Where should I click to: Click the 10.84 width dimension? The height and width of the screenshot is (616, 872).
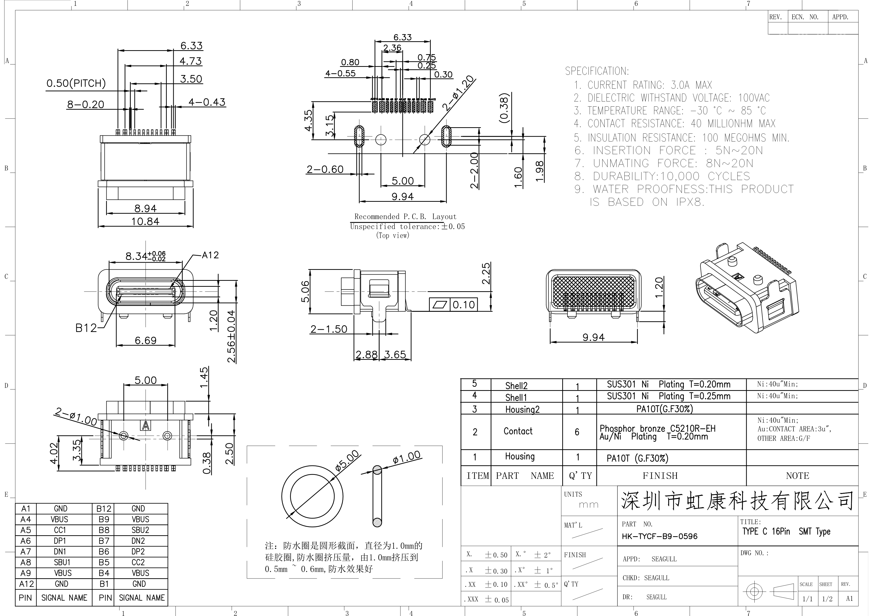point(145,221)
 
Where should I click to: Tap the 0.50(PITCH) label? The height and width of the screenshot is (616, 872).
point(76,83)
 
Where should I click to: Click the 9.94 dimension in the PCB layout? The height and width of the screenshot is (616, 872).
point(403,196)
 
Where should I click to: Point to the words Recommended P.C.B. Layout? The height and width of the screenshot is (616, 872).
point(405,216)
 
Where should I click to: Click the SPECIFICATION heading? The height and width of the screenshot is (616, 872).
point(597,71)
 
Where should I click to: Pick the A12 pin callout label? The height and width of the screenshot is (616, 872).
point(210,255)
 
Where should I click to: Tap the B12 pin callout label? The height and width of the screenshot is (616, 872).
point(86,328)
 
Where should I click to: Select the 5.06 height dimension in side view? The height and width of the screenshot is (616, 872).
point(305,291)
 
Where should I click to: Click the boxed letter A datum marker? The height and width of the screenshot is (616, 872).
point(145,425)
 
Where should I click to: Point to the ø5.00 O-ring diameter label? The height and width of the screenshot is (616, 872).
point(347,461)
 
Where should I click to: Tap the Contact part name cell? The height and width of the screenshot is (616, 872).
point(518,431)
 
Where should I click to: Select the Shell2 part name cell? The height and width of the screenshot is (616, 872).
point(516,386)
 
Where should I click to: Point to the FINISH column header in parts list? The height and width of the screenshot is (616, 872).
point(660,476)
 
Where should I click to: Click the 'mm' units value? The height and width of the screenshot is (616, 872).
point(588,505)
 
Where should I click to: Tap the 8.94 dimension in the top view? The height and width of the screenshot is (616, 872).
point(145,208)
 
